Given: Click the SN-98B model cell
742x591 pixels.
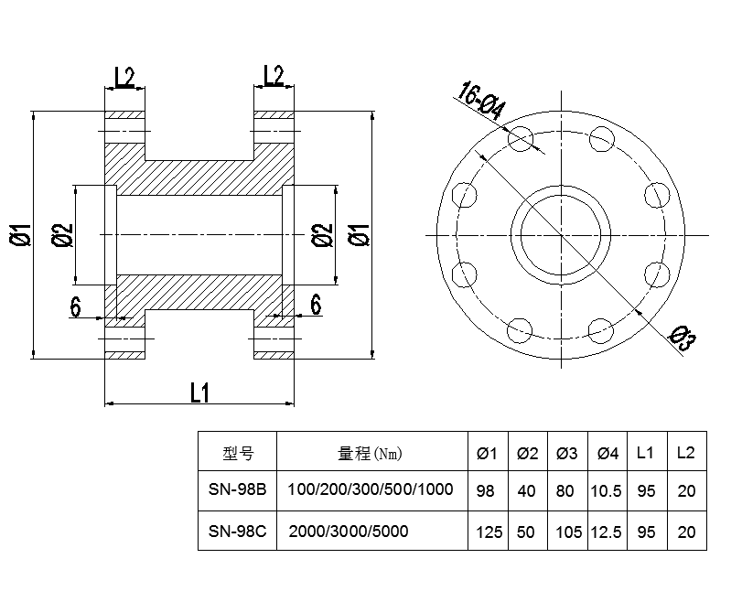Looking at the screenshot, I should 237,489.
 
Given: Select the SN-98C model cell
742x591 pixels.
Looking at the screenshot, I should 237,532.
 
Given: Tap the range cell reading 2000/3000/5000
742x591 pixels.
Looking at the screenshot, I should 349,532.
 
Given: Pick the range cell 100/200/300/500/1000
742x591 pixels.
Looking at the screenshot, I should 371,489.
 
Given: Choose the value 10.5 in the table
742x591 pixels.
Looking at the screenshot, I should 607,490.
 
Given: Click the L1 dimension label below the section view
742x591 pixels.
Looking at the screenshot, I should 200,392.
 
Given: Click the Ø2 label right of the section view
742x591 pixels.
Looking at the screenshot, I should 321,235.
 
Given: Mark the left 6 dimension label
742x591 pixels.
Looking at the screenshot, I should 76,306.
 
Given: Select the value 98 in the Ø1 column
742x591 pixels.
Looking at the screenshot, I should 486,490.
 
